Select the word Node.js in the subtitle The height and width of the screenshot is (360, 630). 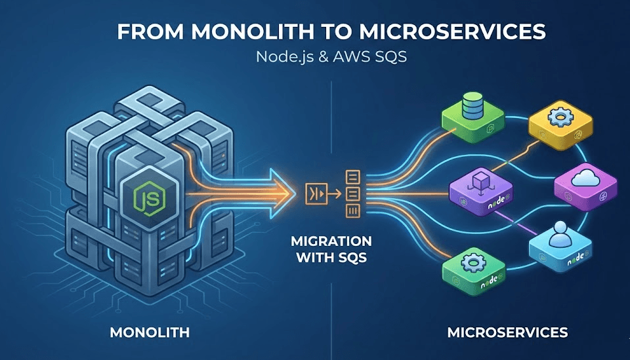(279, 57)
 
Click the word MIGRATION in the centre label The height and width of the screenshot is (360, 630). (331, 241)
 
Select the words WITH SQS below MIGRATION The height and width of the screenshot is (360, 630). (331, 258)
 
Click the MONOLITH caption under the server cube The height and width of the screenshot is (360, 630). (150, 333)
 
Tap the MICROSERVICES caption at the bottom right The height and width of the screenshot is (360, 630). (507, 333)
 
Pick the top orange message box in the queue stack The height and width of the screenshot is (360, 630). (352, 176)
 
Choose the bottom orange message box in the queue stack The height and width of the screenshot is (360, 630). (352, 210)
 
